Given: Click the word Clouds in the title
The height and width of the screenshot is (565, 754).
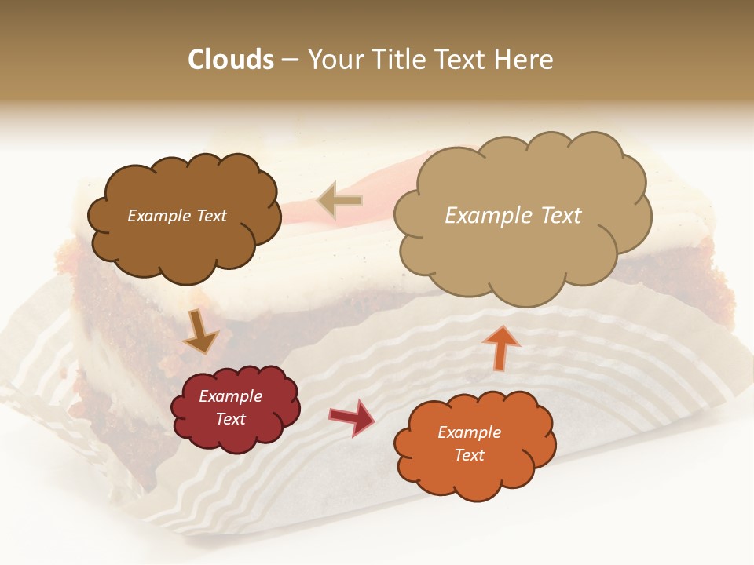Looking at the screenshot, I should click(x=231, y=60).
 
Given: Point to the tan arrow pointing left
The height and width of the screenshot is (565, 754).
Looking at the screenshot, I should click(x=339, y=201).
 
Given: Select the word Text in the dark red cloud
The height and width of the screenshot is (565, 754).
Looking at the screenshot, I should click(x=230, y=419).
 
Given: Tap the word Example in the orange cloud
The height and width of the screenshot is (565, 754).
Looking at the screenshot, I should click(x=469, y=432).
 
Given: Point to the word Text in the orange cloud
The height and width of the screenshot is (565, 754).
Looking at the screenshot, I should click(x=469, y=455).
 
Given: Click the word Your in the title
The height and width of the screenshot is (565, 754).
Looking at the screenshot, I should click(x=334, y=60).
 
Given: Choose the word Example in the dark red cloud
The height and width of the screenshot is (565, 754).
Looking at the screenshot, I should click(x=230, y=396).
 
